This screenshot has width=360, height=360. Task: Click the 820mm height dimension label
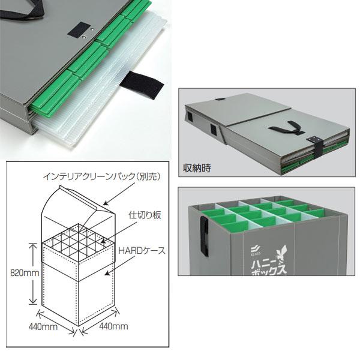tap(25, 273)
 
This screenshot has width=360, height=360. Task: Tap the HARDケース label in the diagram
tap(142, 250)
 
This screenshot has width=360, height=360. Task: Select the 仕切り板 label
tap(145, 215)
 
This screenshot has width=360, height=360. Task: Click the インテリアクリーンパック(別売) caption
tap(102, 176)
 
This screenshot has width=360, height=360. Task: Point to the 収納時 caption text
tap(197, 168)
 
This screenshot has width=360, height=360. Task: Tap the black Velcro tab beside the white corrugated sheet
tap(142, 83)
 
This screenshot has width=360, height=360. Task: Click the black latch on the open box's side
tap(205, 236)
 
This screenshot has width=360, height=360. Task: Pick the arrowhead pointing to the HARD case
tap(107, 274)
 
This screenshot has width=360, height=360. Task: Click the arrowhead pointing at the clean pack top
tap(105, 203)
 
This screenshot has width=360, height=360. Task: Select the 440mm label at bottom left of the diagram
tap(43, 327)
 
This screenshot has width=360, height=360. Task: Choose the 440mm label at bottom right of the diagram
tap(113, 326)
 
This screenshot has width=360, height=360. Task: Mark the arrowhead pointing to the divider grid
tap(103, 241)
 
